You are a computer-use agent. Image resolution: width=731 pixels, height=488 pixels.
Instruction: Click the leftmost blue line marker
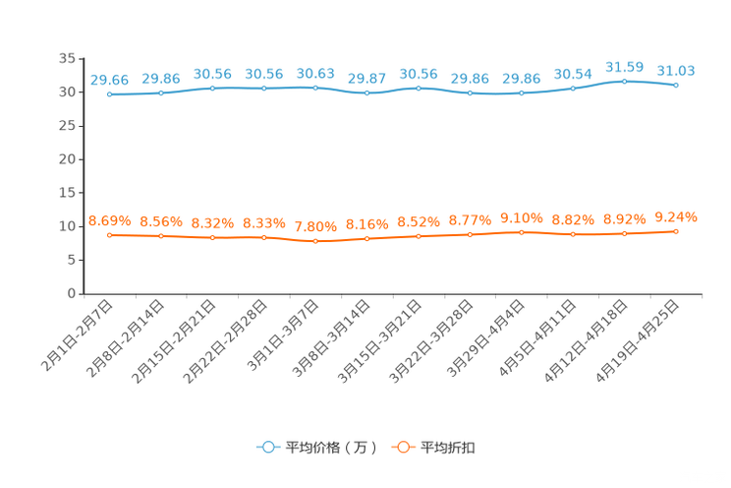click(109, 94)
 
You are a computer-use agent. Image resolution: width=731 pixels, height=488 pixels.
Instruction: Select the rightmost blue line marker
click(676, 86)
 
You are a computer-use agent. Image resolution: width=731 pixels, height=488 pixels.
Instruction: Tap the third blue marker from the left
click(212, 89)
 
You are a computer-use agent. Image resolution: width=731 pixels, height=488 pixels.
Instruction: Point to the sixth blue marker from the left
click(366, 92)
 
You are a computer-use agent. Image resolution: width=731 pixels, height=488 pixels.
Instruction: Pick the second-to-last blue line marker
click(624, 81)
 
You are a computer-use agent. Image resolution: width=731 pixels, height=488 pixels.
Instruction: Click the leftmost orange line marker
click(109, 234)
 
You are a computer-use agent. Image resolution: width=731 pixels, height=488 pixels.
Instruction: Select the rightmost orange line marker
click(676, 230)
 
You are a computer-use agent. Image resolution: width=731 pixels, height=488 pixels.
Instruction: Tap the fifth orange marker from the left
click(315, 240)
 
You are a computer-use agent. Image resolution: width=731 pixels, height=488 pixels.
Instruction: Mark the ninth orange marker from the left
click(521, 231)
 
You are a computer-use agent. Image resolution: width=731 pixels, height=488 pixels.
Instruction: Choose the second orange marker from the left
click(161, 235)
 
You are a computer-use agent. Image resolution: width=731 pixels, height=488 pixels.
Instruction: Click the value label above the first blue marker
click(109, 79)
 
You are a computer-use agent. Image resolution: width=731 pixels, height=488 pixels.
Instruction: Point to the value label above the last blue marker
click(676, 70)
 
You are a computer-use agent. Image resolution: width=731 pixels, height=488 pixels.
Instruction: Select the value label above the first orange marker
click(109, 219)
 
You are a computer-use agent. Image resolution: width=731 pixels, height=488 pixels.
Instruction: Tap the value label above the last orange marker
click(676, 215)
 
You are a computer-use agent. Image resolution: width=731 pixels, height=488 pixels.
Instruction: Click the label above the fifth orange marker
click(315, 225)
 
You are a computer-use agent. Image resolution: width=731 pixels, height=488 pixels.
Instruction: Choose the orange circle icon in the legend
click(403, 447)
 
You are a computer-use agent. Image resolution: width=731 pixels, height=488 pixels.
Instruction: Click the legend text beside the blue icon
click(330, 448)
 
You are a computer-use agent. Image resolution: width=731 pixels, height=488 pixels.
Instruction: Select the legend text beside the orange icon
click(449, 448)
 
